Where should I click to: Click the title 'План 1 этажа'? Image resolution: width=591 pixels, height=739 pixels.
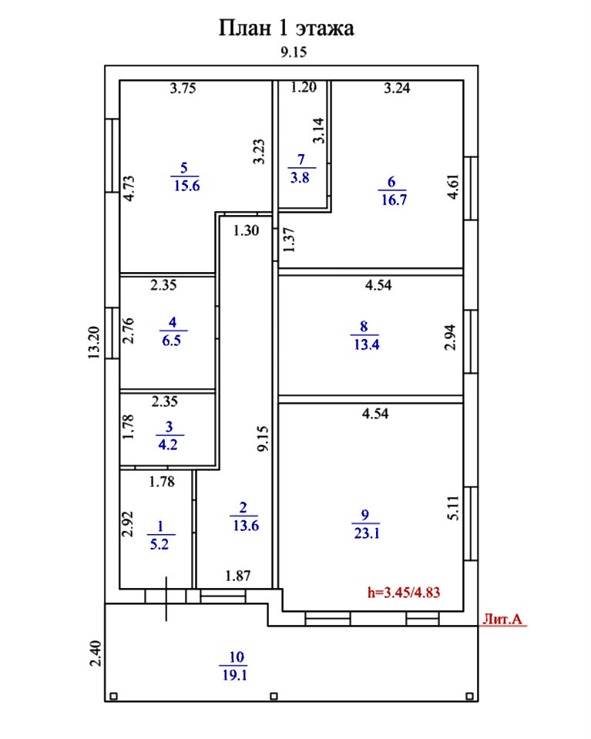click(286, 29)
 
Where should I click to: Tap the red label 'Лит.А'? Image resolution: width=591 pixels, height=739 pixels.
click(502, 617)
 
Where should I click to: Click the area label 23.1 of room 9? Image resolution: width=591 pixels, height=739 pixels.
click(364, 532)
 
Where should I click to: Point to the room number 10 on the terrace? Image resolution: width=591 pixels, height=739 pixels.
click(236, 657)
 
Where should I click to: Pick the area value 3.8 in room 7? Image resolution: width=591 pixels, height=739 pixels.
click(301, 176)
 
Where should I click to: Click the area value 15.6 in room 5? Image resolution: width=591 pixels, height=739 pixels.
click(185, 184)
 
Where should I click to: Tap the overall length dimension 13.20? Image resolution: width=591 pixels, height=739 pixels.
click(93, 341)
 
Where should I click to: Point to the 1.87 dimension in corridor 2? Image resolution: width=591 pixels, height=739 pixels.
click(237, 575)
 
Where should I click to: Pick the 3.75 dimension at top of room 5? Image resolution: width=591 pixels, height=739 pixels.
click(183, 88)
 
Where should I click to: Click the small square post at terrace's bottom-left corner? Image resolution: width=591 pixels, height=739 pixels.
click(113, 697)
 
